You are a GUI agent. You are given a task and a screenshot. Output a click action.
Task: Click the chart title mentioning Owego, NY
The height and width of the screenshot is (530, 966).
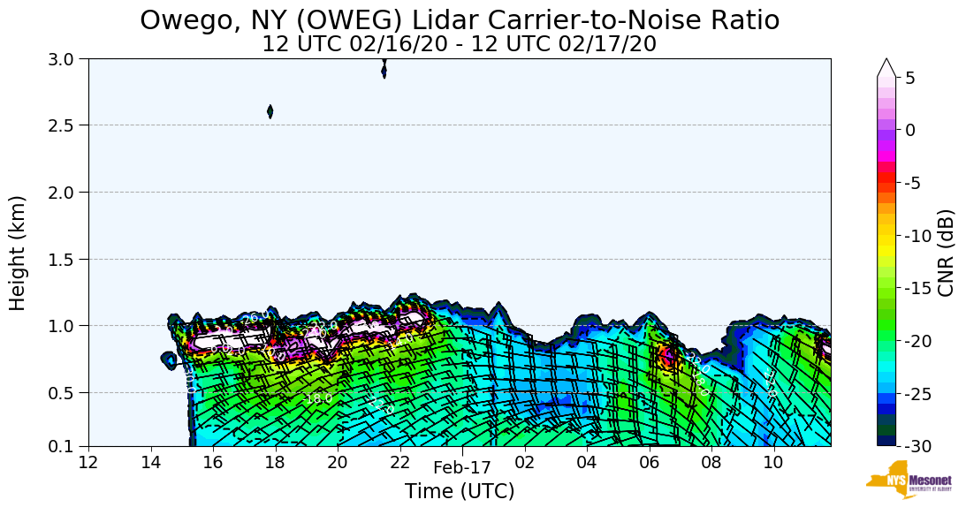(x=460, y=19)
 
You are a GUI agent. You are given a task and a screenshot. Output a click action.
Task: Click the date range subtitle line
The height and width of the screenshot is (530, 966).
(x=460, y=44)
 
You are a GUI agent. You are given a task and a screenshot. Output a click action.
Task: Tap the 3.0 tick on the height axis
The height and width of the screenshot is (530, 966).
(x=66, y=59)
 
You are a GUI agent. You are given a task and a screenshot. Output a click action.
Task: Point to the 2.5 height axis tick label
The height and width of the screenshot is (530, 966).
(x=66, y=125)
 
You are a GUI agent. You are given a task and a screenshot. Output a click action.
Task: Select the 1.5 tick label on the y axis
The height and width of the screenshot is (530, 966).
(x=66, y=259)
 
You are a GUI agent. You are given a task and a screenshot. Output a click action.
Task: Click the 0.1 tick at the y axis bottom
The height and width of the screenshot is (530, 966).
(x=66, y=446)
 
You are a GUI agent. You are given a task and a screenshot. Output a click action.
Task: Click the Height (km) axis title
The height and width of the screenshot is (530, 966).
(x=19, y=253)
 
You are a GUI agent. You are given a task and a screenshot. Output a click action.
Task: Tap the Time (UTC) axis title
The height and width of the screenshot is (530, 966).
(x=460, y=491)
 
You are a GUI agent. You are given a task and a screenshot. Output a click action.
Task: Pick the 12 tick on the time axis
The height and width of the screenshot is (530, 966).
(x=88, y=463)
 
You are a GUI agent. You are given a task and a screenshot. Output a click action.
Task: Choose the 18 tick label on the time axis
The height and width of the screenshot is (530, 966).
(x=275, y=463)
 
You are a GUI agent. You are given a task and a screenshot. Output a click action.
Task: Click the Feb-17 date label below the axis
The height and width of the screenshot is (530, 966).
(x=461, y=469)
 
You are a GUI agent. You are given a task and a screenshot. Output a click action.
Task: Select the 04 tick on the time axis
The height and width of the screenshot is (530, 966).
(x=587, y=463)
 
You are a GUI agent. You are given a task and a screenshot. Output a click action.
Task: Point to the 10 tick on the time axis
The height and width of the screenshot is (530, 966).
(x=773, y=463)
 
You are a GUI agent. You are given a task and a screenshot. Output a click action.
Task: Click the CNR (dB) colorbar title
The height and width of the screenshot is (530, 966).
(x=947, y=253)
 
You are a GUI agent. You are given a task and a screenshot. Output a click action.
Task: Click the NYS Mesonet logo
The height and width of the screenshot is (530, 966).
(x=901, y=480)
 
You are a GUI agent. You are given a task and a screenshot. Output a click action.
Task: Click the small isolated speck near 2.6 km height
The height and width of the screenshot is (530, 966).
(x=270, y=111)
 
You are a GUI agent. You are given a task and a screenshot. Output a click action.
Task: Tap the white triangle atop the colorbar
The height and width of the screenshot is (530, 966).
(x=886, y=68)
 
